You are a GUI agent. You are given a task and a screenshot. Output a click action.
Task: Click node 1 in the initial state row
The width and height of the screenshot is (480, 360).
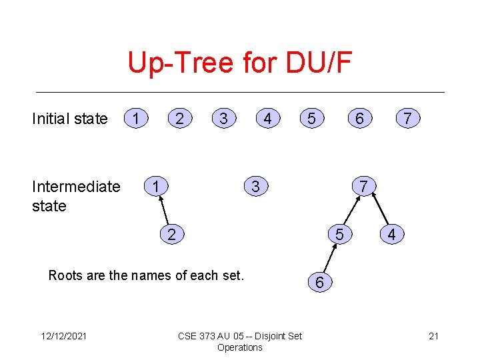137,119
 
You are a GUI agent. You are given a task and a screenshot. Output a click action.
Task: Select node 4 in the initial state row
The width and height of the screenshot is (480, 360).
267,119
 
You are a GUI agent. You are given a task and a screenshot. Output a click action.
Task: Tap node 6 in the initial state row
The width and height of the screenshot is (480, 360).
359,119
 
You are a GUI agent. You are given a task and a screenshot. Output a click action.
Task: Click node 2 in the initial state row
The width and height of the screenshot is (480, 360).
179,119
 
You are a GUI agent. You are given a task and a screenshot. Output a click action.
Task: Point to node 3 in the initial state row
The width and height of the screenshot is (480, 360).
223,119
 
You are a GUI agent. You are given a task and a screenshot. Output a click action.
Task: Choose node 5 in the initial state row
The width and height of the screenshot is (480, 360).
310,119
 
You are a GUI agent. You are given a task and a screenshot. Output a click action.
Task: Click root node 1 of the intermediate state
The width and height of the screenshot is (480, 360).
155,186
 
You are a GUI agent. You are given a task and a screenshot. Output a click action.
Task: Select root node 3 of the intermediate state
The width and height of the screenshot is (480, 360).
255,186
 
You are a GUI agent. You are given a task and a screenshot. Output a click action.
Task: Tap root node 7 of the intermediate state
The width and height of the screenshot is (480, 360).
363,186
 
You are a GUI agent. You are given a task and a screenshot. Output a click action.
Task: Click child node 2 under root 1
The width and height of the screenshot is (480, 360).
172,234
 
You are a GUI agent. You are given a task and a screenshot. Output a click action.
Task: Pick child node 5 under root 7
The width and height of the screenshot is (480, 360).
340,234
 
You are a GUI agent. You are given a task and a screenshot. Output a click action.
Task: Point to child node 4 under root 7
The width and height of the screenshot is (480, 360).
391,234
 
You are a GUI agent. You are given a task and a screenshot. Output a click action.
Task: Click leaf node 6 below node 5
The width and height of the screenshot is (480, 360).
319,283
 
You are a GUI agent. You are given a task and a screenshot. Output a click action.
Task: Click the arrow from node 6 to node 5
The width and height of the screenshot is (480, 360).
330,259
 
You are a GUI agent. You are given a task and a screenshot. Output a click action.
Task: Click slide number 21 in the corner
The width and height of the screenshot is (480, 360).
433,336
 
